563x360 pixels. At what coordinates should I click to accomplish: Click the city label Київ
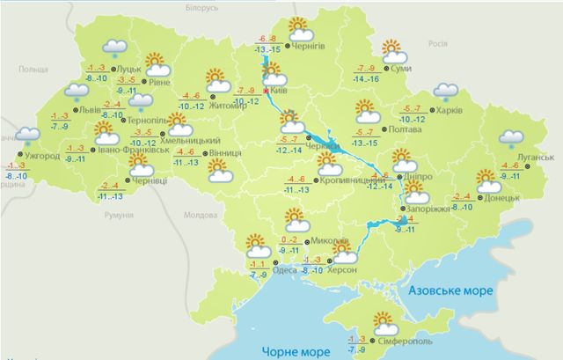point(280,90)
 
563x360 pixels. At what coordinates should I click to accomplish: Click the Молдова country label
point(197,215)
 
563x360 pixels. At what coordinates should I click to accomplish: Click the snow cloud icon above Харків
point(446,92)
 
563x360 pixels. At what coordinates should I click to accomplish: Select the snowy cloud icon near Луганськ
point(511,139)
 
